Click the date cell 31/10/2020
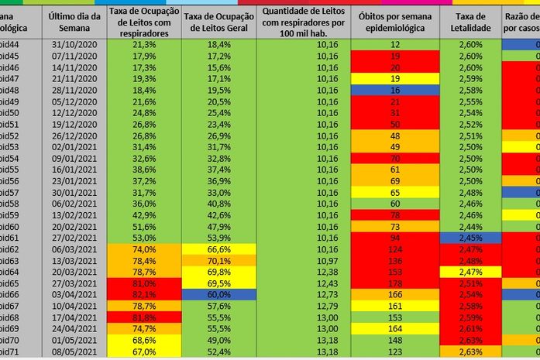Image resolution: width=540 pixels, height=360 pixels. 73,45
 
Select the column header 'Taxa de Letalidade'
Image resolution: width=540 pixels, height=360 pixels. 470,22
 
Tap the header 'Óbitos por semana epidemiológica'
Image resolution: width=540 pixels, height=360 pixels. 395,22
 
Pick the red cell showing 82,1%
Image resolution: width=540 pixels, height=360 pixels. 144,295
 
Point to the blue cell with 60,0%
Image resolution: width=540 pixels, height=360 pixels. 219,295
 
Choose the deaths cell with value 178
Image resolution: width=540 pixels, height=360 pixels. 395,284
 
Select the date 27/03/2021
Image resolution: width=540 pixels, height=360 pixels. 73,284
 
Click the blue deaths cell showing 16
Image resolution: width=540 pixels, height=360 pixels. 395,90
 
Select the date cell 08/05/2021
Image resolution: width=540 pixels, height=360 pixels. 73,351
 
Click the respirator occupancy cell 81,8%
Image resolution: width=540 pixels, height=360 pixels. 144,317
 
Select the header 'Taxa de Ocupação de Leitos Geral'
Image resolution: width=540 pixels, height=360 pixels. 219,22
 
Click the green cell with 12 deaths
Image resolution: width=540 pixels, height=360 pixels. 395,45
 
